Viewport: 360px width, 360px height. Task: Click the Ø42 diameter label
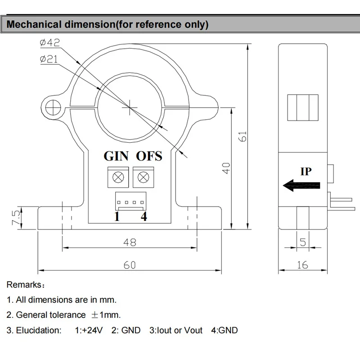tap(49, 43)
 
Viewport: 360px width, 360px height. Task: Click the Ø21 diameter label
tap(49, 59)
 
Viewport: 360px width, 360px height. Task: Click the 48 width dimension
tap(130, 243)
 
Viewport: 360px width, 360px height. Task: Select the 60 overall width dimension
tap(130, 265)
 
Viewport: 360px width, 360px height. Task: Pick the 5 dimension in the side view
tap(302, 243)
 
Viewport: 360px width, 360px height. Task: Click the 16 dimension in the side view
tap(302, 265)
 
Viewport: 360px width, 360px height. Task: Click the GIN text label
tap(116, 156)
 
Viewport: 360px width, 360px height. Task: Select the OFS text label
tap(149, 156)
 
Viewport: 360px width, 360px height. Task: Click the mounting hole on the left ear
tap(53, 107)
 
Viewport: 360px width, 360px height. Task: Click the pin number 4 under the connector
tap(144, 217)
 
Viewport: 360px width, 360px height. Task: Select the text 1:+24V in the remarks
tap(89, 330)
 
